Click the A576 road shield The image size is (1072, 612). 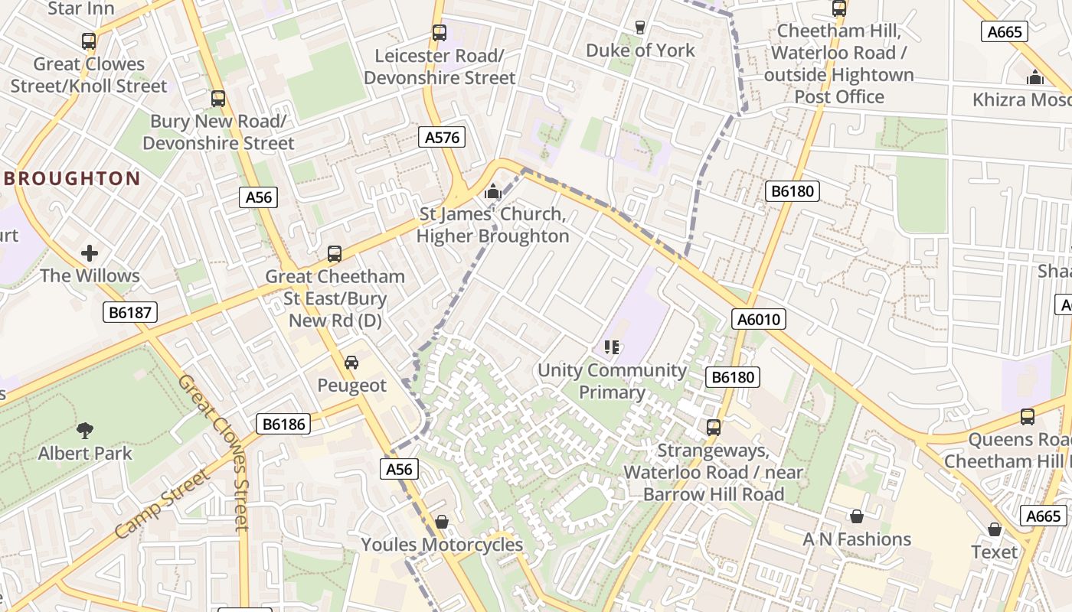443,138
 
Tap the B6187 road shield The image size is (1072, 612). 130,312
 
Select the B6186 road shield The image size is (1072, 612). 283,424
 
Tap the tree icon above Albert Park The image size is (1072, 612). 85,431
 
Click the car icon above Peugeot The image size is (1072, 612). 351,362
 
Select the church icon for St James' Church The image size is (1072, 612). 493,191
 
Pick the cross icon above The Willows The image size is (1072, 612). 90,252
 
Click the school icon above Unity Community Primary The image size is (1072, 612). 611,347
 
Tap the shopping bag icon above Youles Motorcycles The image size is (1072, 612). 442,522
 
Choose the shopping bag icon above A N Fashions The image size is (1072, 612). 857,516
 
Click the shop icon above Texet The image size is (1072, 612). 995,529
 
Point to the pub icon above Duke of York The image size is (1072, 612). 640,28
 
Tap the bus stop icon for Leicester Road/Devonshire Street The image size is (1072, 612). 439,33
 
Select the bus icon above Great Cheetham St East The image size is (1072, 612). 334,253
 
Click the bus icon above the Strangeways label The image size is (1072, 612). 713,427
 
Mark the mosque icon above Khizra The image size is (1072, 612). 1035,77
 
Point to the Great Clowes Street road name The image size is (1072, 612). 215,451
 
